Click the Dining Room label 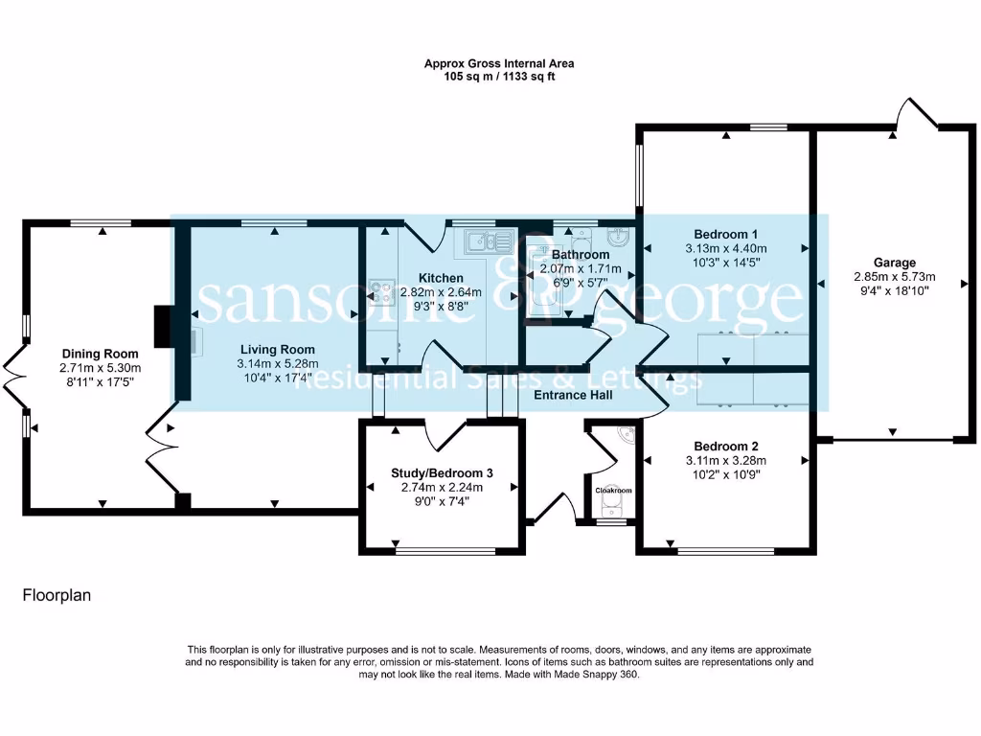coord(101,353)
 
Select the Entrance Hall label coord(573,395)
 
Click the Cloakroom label coord(614,491)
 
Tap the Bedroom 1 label coord(726,234)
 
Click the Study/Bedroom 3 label coord(442,472)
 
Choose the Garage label coord(894,263)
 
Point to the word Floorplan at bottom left coord(57,595)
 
